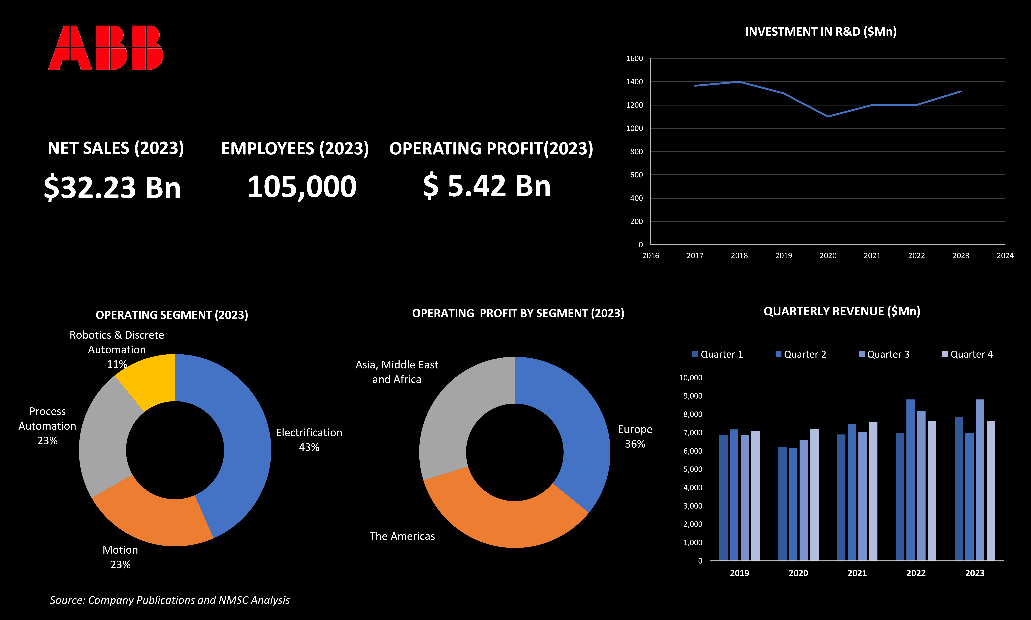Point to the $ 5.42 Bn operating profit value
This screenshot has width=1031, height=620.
pyautogui.click(x=487, y=186)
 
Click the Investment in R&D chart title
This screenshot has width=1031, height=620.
pyautogui.click(x=820, y=32)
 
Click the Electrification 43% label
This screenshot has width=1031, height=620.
pyautogui.click(x=309, y=439)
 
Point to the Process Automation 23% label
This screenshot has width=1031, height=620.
pyautogui.click(x=47, y=426)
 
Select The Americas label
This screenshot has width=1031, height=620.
pyautogui.click(x=402, y=536)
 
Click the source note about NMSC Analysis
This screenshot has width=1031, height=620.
pyautogui.click(x=170, y=600)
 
